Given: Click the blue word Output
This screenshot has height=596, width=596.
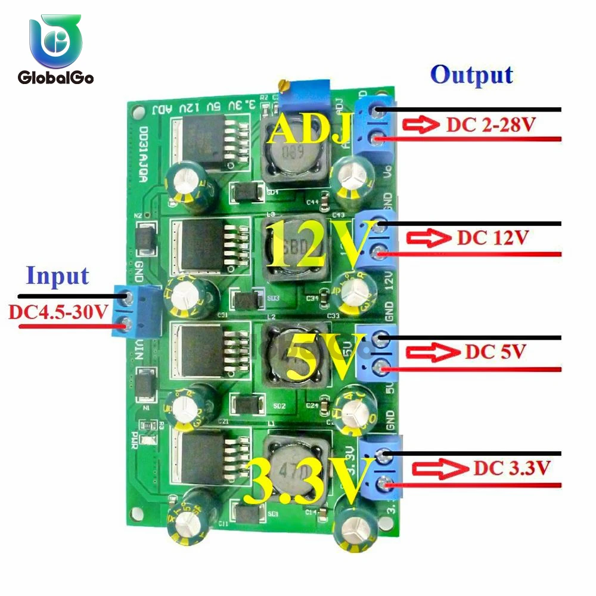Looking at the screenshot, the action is (471, 75).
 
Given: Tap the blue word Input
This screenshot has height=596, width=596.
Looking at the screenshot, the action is (58, 276).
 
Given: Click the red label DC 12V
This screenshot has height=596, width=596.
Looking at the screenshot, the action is (492, 238).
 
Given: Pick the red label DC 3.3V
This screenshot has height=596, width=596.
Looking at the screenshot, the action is (511, 468).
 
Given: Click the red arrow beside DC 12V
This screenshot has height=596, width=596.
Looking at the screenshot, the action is (429, 238).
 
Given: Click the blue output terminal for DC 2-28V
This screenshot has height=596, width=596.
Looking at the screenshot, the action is (375, 125).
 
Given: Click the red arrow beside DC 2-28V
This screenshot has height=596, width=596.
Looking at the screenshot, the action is (421, 125).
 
